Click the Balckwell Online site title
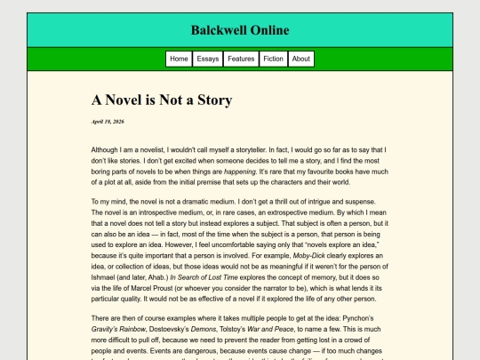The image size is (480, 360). pyautogui.click(x=239, y=30)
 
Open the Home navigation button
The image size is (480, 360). pyautogui.click(x=179, y=59)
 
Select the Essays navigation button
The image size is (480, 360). pyautogui.click(x=208, y=59)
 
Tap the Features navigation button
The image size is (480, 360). pyautogui.click(x=241, y=59)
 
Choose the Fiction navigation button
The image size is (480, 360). pyautogui.click(x=274, y=59)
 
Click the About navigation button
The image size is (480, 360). pyautogui.click(x=301, y=59)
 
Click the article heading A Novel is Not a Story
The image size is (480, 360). pyautogui.click(x=162, y=100)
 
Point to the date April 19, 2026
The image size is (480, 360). pyautogui.click(x=108, y=121)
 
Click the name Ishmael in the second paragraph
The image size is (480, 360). pyautogui.click(x=107, y=276)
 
